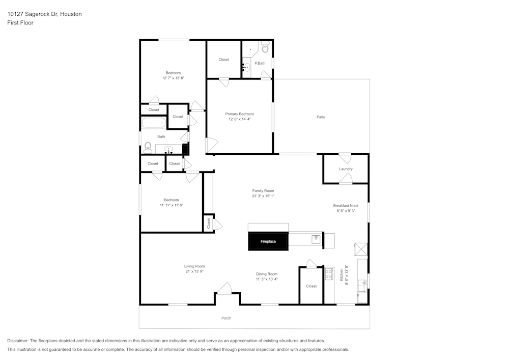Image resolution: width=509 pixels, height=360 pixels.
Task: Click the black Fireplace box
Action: tap(268, 241)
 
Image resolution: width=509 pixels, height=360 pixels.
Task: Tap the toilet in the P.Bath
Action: tap(266, 47)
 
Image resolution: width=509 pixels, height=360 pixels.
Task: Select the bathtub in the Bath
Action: tap(154, 123)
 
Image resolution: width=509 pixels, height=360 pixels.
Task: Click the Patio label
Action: tap(321, 117)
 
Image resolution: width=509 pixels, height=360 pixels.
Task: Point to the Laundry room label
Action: tap(346, 169)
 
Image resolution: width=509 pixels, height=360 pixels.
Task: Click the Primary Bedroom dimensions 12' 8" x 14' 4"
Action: tap(240, 119)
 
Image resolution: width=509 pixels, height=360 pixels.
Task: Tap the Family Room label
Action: tap(263, 191)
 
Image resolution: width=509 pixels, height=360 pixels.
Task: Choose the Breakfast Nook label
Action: tap(346, 206)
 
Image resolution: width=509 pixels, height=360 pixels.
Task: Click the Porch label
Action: tap(227, 318)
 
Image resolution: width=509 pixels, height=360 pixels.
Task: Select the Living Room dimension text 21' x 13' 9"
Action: tap(194, 271)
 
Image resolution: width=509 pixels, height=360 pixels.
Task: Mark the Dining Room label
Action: tap(267, 274)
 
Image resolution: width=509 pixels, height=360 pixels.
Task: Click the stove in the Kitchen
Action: tap(329, 273)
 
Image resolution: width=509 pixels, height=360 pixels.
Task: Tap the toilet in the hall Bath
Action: tap(148, 148)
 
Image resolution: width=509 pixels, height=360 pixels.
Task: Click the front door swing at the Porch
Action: tap(224, 288)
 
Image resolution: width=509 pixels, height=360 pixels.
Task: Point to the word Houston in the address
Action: tap(71, 14)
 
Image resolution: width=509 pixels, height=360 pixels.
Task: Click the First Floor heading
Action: tap(20, 23)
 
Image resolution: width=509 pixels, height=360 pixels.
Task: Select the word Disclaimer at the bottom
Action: tap(18, 341)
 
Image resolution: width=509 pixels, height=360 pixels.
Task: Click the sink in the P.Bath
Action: tap(246, 68)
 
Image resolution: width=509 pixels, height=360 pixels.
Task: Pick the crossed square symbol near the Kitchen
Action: tap(361, 249)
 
